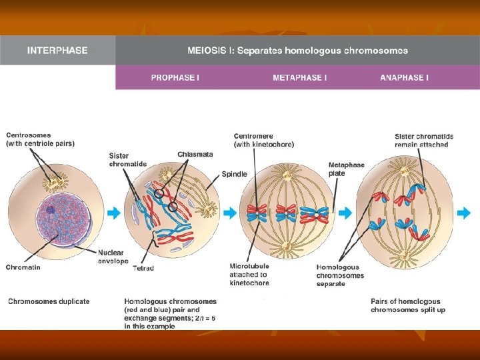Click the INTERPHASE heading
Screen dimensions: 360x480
pos(57,51)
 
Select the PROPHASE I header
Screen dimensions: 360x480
pos(175,78)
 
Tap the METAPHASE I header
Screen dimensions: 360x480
pos(299,78)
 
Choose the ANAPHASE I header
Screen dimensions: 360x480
pos(404,78)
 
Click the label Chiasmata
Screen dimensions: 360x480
pos(195,155)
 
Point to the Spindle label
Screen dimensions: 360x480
pos(235,174)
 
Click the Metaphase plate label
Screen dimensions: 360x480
pos(345,169)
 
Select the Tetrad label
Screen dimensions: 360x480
pos(143,268)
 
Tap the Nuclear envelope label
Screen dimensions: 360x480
pos(113,257)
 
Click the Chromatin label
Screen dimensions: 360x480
pos(23,267)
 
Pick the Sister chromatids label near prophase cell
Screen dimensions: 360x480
pos(128,160)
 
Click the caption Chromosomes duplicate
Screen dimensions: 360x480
pos(49,301)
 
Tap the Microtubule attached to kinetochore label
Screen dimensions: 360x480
pos(249,275)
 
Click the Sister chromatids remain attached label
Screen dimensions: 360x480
pos(423,141)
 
